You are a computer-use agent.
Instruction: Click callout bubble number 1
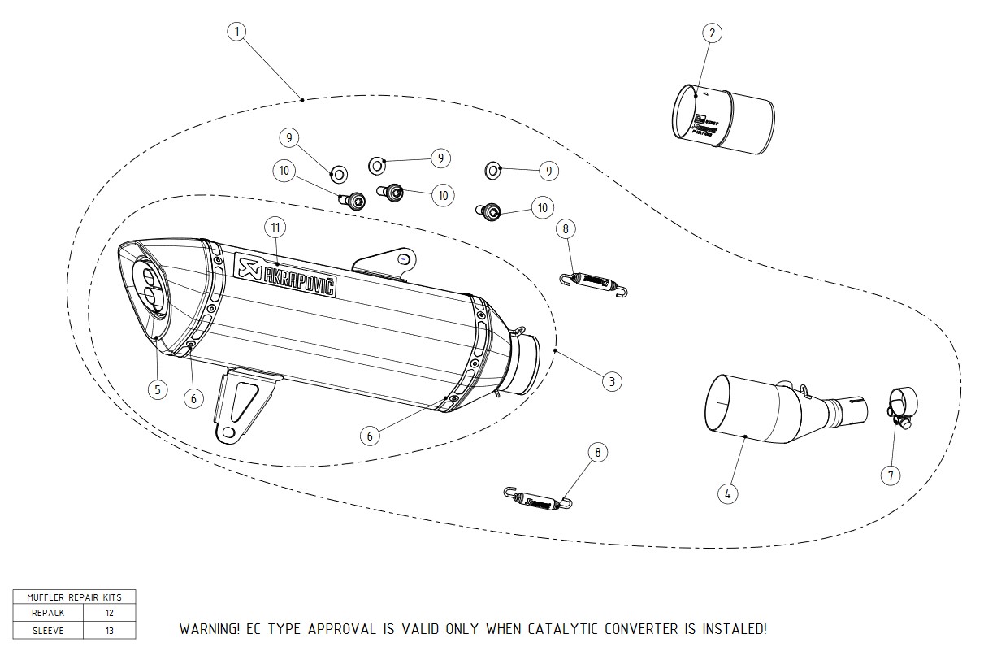click(x=236, y=32)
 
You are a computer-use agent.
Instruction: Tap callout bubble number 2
click(x=712, y=33)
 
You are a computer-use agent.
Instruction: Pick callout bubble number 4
click(x=727, y=492)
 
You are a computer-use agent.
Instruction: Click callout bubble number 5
click(x=158, y=389)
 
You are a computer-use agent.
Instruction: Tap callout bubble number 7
click(x=891, y=475)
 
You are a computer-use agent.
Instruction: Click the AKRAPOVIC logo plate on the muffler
click(x=285, y=276)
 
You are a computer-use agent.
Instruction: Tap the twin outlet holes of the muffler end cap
click(x=150, y=285)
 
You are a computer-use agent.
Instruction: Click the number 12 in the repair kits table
click(x=110, y=613)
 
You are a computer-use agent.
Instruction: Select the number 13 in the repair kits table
click(x=110, y=630)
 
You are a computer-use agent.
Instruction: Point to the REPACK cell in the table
click(x=48, y=613)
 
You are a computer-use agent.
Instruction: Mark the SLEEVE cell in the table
click(x=48, y=630)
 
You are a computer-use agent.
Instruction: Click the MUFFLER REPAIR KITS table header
click(x=74, y=597)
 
